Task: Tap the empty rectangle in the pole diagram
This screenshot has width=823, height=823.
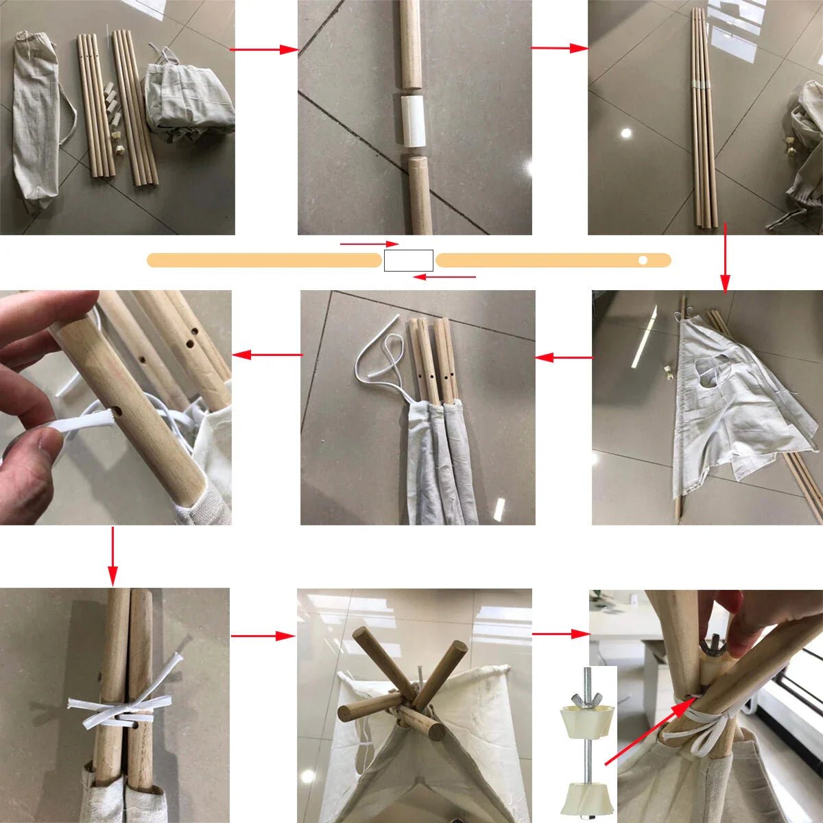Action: [408, 261]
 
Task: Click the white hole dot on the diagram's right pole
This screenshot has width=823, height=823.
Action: [643, 260]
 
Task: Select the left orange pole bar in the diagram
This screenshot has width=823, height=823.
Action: [264, 260]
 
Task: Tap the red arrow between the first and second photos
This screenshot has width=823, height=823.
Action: [264, 49]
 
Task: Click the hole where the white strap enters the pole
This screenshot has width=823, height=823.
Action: [119, 414]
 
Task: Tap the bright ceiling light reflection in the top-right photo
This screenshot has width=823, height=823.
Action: [625, 133]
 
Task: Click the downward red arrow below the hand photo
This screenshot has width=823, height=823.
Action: [113, 556]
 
